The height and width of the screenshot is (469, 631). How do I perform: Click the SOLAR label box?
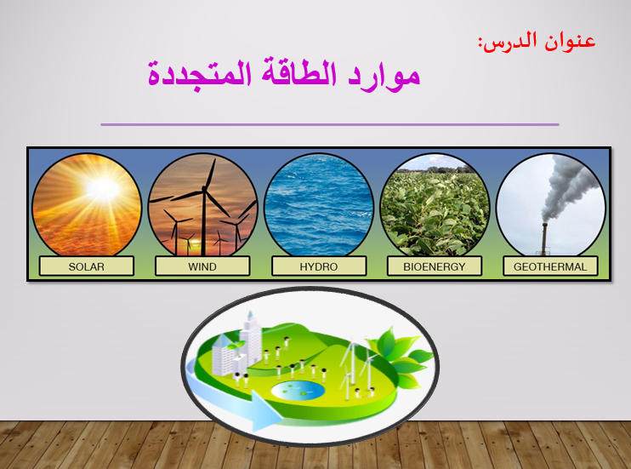click(x=87, y=266)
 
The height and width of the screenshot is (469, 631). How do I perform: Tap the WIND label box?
click(x=202, y=266)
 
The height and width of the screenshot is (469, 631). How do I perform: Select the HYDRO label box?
click(x=319, y=266)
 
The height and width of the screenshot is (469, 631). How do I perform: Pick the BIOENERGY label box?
click(x=435, y=266)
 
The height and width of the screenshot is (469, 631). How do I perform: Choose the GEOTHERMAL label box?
click(x=550, y=266)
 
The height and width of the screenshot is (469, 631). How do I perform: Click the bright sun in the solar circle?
click(x=103, y=189)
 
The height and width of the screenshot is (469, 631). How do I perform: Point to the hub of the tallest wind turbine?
click(x=204, y=189)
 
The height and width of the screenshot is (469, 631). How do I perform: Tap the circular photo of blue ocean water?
click(x=319, y=204)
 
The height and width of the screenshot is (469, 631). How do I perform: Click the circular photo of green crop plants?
click(x=435, y=204)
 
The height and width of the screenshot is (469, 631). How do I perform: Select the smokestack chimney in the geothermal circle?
click(x=544, y=239)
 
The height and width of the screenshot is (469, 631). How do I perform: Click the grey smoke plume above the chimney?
click(x=568, y=186)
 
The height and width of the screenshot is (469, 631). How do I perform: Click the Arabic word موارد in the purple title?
click(x=384, y=76)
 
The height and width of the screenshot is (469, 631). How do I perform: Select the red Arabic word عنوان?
click(x=571, y=41)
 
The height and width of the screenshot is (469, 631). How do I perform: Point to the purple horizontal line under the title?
click(x=330, y=124)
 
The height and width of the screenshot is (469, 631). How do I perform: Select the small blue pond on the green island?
click(x=298, y=390)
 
